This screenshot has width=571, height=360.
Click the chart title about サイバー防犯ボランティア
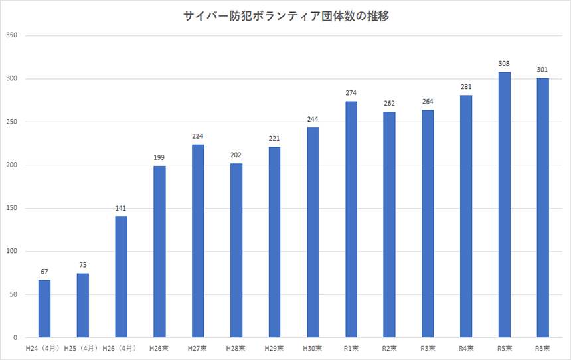click(x=285, y=17)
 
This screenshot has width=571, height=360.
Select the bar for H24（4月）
click(x=44, y=309)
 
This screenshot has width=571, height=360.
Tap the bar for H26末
click(x=159, y=252)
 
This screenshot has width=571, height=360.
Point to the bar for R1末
click(x=351, y=219)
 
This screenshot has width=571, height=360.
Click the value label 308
click(x=505, y=64)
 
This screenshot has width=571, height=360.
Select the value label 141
click(x=121, y=208)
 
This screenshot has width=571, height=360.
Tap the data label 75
click(x=82, y=265)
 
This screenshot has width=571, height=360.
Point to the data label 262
click(x=390, y=104)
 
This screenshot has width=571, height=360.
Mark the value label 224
click(x=198, y=136)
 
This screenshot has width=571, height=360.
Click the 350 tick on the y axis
click(x=12, y=36)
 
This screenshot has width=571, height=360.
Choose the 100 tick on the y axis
click(x=12, y=252)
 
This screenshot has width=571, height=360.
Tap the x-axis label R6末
click(x=543, y=348)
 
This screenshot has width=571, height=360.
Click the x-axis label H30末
click(x=313, y=348)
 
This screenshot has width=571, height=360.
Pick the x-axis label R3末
click(x=428, y=348)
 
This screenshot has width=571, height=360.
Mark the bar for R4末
click(x=466, y=217)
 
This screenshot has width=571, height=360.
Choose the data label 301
click(x=543, y=70)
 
